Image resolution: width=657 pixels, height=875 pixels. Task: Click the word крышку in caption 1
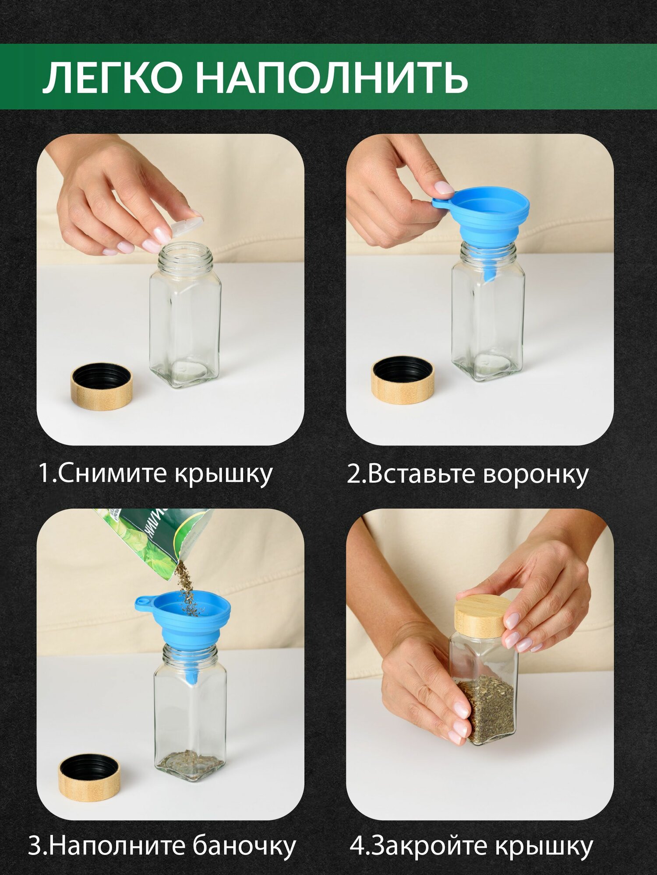[224, 473]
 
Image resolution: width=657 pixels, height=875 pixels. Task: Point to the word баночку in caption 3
[244, 846]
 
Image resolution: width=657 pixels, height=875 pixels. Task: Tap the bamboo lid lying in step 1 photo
[102, 386]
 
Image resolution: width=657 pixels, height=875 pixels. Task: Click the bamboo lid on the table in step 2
[403, 379]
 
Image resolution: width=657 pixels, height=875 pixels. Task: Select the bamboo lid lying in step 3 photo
[89, 777]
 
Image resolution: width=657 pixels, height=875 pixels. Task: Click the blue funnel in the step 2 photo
[482, 225]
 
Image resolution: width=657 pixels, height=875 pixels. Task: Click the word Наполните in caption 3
[118, 846]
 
